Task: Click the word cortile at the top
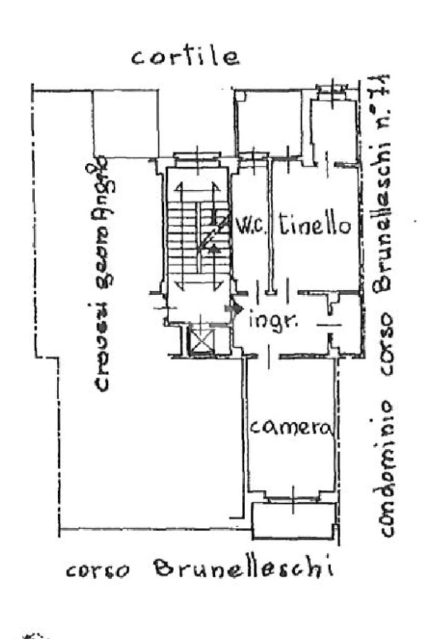click(x=185, y=57)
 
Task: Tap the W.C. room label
click(x=251, y=227)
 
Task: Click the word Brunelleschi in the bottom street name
click(x=242, y=568)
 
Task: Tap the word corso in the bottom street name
click(x=97, y=570)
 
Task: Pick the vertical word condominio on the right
click(x=386, y=469)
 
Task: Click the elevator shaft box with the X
click(x=201, y=341)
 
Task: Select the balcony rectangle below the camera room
click(x=293, y=521)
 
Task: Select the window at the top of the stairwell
click(x=196, y=155)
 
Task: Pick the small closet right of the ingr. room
click(x=345, y=324)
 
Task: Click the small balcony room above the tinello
click(x=334, y=131)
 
